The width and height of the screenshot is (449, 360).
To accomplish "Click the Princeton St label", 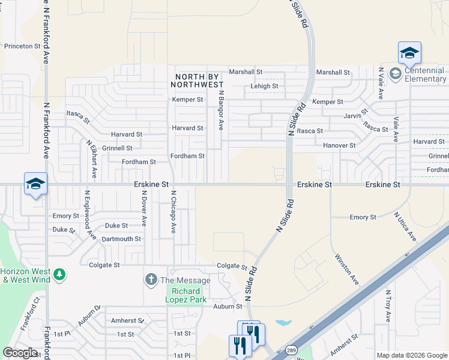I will click(x=22, y=46).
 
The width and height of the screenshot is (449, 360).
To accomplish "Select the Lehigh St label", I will click(x=264, y=86).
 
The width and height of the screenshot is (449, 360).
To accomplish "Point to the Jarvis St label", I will click(x=355, y=115).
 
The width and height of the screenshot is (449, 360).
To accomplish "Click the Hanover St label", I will click(x=340, y=145).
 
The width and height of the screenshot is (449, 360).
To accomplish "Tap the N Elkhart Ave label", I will click(x=92, y=159).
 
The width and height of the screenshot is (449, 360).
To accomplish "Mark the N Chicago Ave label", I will click(x=173, y=212).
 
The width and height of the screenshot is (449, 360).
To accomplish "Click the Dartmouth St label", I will click(x=121, y=239).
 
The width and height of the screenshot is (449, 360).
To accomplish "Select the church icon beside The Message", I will click(x=151, y=280).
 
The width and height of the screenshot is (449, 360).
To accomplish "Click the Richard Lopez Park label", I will click(x=186, y=295).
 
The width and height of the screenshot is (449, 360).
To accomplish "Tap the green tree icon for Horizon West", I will click(x=59, y=275).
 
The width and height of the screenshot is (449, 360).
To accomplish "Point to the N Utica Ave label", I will click(x=405, y=226).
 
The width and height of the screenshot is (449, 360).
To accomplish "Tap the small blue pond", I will click(x=282, y=322).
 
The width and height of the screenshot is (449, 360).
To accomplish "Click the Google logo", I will click(x=20, y=353).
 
